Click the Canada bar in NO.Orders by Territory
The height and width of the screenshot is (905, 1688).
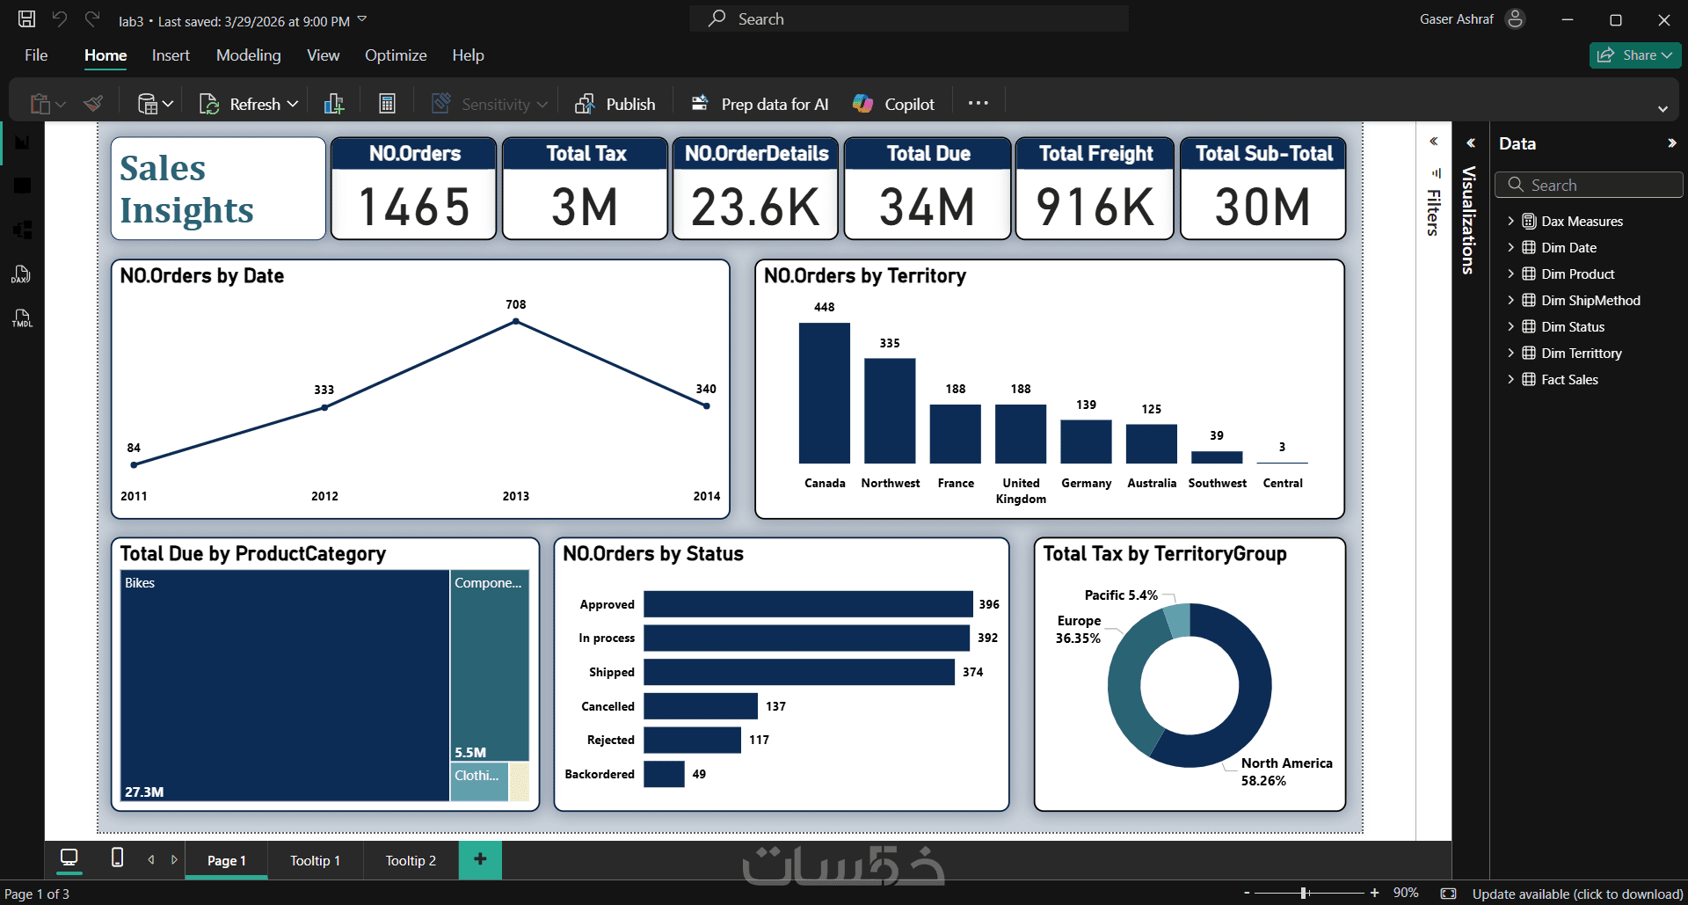tap(824, 393)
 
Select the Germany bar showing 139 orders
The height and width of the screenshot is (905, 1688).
tap(1086, 442)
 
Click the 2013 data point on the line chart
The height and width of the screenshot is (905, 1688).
tap(516, 322)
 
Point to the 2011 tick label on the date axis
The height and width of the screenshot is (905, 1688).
tap(134, 496)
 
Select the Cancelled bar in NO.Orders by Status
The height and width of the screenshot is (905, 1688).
tap(701, 706)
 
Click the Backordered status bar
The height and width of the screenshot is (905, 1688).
tap(664, 774)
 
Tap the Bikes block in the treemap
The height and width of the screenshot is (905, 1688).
tap(285, 685)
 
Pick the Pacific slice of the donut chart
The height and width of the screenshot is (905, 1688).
tap(1176, 619)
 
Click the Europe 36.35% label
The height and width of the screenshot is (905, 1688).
tap(1079, 630)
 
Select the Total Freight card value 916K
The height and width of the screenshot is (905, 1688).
tap(1095, 208)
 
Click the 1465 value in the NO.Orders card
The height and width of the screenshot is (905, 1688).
tap(414, 208)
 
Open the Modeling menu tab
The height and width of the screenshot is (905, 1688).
tap(249, 55)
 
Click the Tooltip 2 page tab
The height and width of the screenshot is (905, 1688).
tap(411, 861)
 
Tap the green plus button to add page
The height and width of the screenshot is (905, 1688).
tap(480, 859)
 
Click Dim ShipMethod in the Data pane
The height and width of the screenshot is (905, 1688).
tap(1590, 301)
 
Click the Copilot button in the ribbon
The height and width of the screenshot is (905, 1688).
tap(893, 104)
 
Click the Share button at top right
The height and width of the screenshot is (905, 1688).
tap(1635, 55)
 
